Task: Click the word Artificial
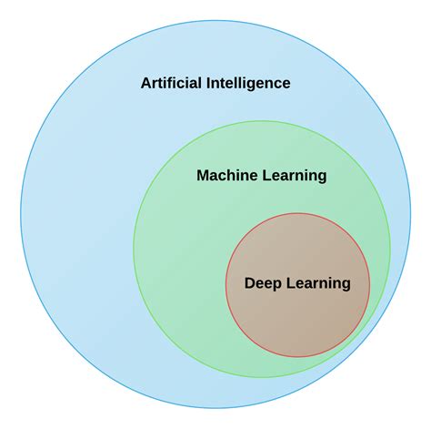pos(173,83)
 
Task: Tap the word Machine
pos(225,176)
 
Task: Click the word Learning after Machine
pos(294,176)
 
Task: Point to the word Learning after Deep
pos(317,283)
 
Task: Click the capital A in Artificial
pos(145,83)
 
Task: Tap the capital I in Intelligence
pos(211,83)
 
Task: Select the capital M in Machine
pos(203,176)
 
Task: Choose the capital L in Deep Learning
pos(288,283)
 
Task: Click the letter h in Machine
pos(231,176)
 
